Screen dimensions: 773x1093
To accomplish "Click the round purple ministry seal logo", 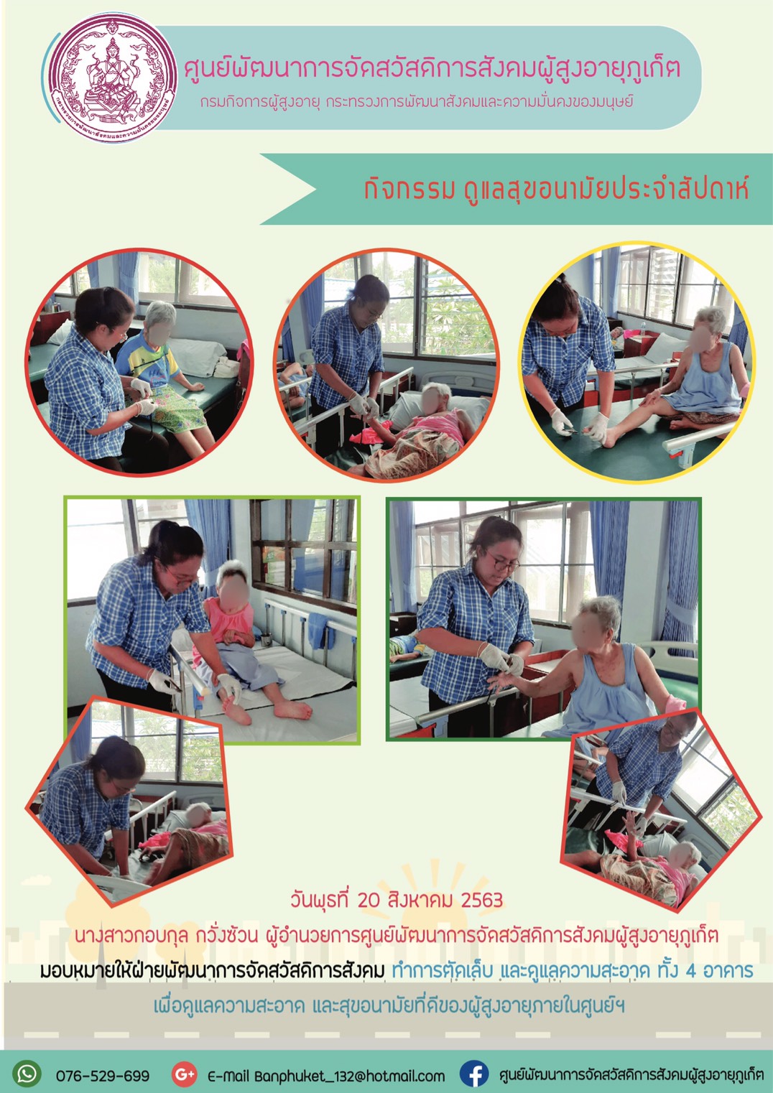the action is click(x=114, y=78).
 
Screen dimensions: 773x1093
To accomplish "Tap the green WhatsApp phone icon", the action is click(x=27, y=1074).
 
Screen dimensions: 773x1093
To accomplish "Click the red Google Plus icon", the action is click(x=185, y=1074).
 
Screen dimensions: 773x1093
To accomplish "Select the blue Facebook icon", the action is click(x=474, y=1074).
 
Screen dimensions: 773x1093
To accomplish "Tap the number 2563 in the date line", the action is click(x=481, y=901).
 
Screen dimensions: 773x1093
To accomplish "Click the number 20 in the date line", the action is click(x=369, y=901).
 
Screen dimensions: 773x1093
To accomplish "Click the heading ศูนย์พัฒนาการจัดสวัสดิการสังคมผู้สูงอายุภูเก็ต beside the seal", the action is click(x=432, y=69).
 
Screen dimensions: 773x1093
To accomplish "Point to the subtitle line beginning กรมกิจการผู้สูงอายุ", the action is click(x=416, y=103).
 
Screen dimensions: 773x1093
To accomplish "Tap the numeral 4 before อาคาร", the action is click(x=690, y=971).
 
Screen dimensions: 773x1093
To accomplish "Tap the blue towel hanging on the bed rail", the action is click(x=321, y=631).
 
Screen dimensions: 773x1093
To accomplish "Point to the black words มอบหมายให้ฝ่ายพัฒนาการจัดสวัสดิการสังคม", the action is click(x=213, y=971).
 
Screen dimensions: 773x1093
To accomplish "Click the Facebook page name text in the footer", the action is click(x=631, y=1074).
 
